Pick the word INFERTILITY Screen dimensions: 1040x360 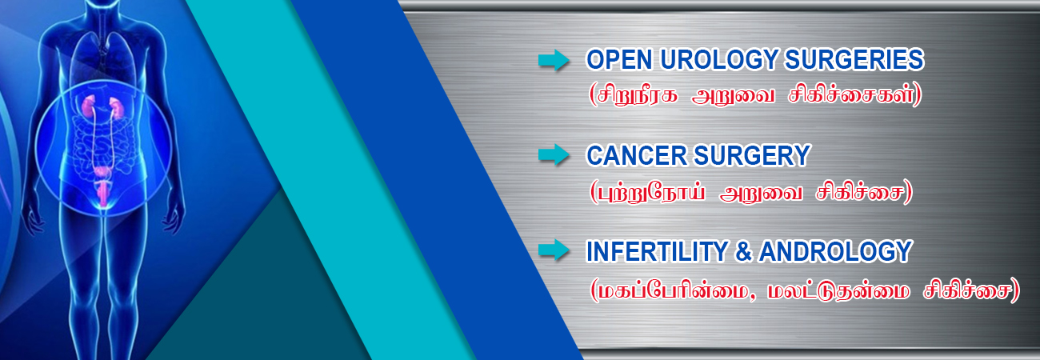[x=657, y=251]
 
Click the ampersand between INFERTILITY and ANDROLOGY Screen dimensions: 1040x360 [x=743, y=251]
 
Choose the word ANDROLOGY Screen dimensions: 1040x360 [x=836, y=251]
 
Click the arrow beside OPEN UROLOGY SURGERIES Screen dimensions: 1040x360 [x=554, y=60]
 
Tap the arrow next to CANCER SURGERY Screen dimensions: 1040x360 [x=554, y=154]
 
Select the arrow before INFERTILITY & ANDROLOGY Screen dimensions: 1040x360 [x=554, y=250]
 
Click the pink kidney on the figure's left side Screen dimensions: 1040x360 [x=89, y=106]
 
